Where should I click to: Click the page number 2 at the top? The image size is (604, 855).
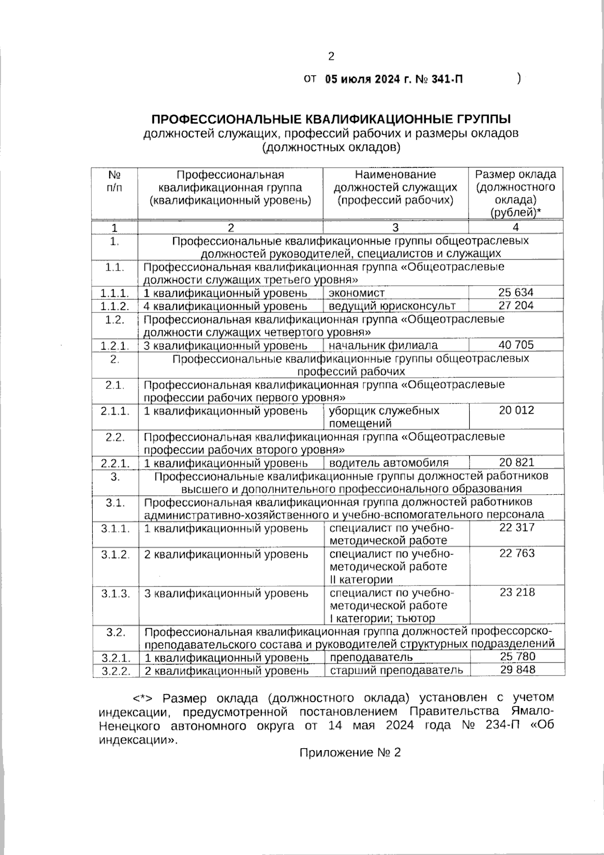331,56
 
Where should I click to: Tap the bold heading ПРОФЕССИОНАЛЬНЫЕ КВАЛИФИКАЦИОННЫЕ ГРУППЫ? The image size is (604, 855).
331,119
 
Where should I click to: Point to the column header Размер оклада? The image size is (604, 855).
516,175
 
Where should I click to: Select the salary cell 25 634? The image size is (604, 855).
516,293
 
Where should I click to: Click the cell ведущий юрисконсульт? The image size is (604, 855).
392,306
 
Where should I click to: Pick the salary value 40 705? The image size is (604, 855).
516,345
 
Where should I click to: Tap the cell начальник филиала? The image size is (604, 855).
383,346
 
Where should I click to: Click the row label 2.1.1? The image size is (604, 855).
115,411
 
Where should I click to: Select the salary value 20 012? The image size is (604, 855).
516,411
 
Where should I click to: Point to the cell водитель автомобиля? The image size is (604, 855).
389,463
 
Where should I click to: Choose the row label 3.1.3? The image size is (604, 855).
115,594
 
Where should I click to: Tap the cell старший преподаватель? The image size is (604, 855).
396,671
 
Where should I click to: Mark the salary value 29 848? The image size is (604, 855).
517,670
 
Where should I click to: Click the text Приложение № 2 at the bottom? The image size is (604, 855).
350,753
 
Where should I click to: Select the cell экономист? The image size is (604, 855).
357,293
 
